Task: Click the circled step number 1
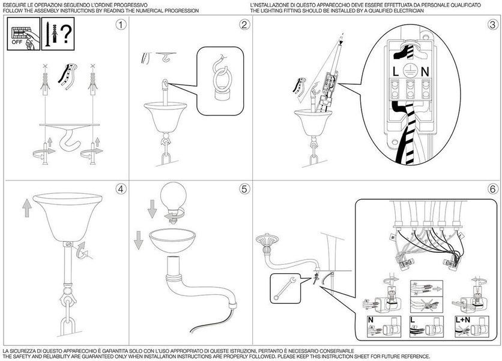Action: [x=121, y=25]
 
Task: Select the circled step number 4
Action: [x=121, y=189]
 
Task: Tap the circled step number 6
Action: [x=493, y=189]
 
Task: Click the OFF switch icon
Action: [x=23, y=34]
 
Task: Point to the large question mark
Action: [x=65, y=34]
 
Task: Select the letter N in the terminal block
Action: [x=425, y=71]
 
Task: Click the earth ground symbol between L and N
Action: [x=409, y=70]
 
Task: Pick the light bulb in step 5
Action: [x=173, y=201]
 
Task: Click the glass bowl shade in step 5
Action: [x=172, y=240]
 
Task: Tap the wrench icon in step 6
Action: [x=285, y=288]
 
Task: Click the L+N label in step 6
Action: [x=462, y=319]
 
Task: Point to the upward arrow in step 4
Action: [x=27, y=208]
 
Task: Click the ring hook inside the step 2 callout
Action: [x=220, y=78]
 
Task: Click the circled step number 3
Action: [x=493, y=25]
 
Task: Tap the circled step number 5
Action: [x=244, y=189]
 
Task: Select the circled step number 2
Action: [x=244, y=25]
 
